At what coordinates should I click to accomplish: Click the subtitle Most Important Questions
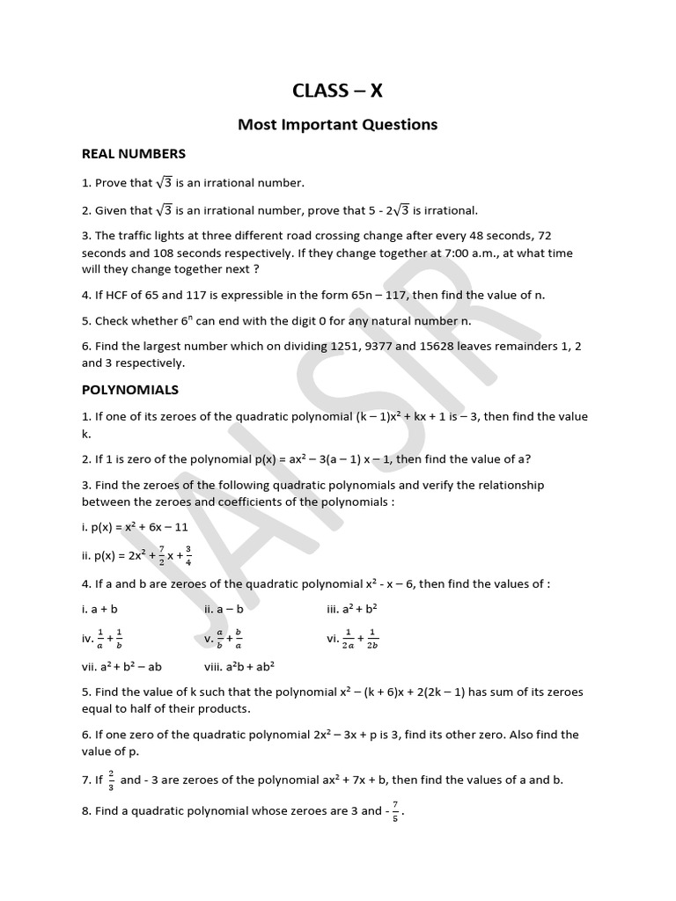(337, 124)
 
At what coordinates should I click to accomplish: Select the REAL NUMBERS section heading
(134, 154)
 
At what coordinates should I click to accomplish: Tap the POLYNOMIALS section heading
(130, 389)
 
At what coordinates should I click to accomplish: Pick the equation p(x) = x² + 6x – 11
(140, 527)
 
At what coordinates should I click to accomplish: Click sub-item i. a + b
(99, 608)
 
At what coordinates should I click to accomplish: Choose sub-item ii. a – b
(226, 608)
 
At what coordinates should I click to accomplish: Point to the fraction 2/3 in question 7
(111, 780)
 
